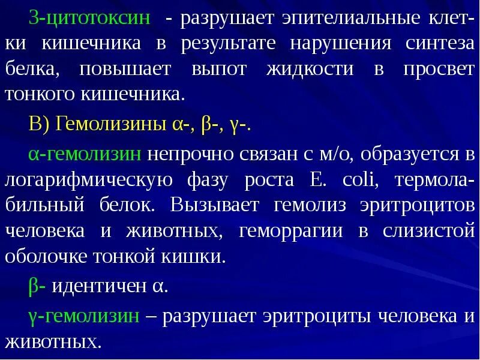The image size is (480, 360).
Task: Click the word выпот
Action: (219, 69)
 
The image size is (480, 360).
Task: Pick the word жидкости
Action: (310, 69)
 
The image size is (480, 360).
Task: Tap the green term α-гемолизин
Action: (85, 154)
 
